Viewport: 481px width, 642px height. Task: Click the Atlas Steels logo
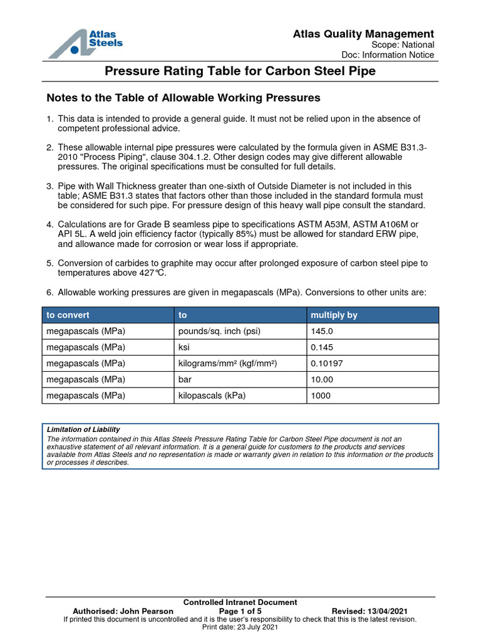tap(85, 42)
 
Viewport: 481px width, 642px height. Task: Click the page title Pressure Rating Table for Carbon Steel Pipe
tap(240, 71)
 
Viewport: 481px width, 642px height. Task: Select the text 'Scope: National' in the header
tap(403, 45)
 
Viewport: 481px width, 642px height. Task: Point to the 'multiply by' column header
tap(330, 315)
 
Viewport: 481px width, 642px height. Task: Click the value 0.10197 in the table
tap(327, 364)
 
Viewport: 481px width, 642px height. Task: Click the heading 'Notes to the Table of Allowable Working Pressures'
tap(184, 98)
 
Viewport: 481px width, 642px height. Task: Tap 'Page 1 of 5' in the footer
tap(240, 611)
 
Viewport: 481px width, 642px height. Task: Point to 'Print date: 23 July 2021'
tap(240, 626)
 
